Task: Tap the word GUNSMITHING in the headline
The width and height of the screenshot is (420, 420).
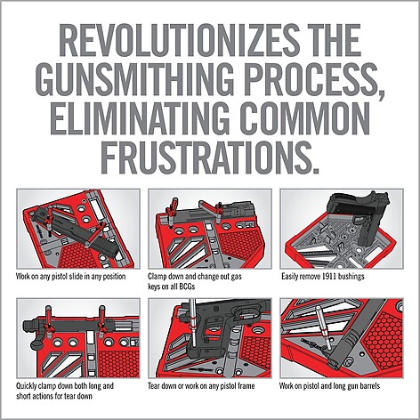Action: click(x=134, y=79)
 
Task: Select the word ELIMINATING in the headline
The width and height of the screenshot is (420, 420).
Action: click(x=140, y=118)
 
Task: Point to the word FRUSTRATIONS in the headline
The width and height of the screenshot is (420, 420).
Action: click(x=210, y=157)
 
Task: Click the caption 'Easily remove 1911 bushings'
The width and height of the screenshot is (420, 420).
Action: click(x=323, y=277)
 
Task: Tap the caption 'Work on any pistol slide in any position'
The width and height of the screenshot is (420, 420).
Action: click(x=70, y=277)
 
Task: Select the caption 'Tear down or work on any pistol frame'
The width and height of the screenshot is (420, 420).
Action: click(x=201, y=386)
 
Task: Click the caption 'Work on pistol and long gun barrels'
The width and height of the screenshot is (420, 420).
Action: click(x=329, y=386)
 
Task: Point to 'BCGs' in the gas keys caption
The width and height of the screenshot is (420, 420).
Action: click(x=187, y=287)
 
